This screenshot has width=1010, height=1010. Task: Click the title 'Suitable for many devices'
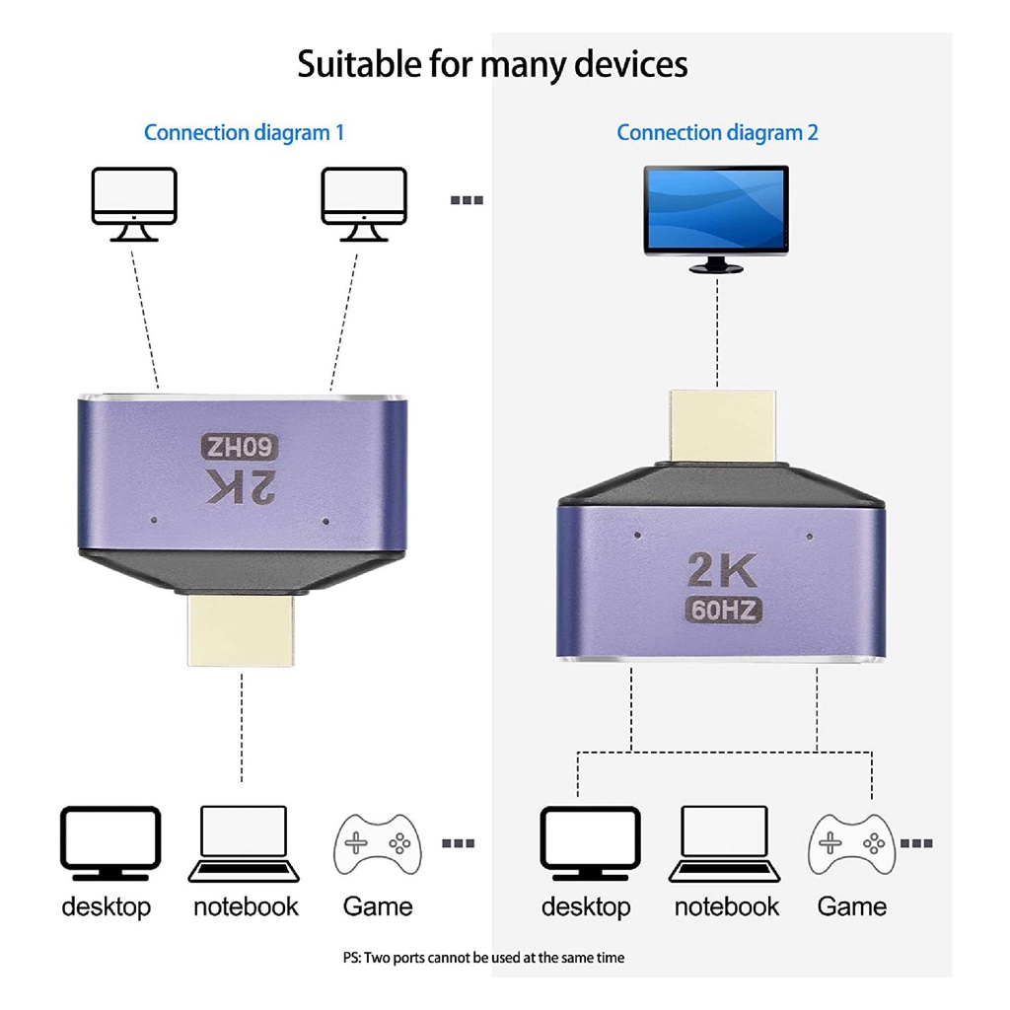click(x=492, y=64)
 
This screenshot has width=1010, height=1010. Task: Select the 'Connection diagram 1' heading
click(x=244, y=132)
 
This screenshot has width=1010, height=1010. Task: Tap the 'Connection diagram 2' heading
click(x=717, y=132)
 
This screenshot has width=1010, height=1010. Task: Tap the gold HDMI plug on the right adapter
click(x=723, y=425)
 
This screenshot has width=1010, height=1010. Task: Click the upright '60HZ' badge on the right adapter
click(x=724, y=611)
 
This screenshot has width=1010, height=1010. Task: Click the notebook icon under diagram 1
click(x=244, y=843)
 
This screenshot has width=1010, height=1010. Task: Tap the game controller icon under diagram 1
click(x=378, y=844)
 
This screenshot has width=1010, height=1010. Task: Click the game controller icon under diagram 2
click(x=852, y=844)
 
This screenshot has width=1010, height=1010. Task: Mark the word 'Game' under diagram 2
click(x=852, y=906)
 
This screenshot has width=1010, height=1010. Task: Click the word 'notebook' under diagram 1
click(x=246, y=906)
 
